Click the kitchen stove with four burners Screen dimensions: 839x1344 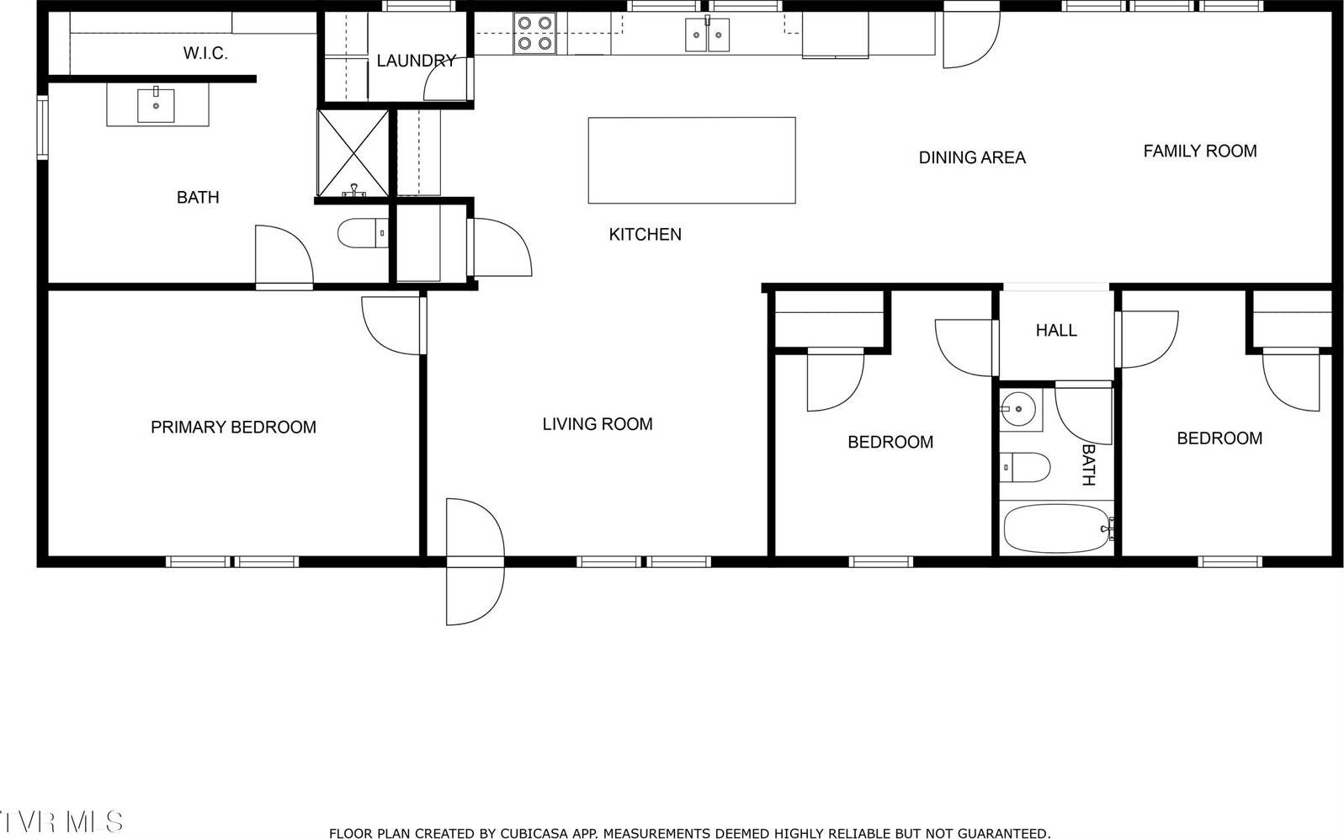[x=534, y=34]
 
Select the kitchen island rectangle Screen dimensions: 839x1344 [x=691, y=160]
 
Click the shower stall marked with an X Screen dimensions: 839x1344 [x=352, y=153]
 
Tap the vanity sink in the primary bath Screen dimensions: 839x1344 [x=157, y=105]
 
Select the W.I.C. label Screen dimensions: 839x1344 [x=205, y=54]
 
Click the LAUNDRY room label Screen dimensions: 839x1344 [x=416, y=61]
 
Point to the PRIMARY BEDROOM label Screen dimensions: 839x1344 [x=233, y=427]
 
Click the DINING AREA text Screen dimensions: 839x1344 [x=972, y=157]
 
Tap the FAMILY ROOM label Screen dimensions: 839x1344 [x=1199, y=151]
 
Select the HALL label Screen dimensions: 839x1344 [x=1056, y=331]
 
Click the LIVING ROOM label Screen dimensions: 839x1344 [x=598, y=424]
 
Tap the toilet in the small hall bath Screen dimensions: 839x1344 [x=1025, y=467]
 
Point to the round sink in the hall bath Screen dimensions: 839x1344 [x=1019, y=410]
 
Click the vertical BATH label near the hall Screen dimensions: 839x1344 [x=1087, y=465]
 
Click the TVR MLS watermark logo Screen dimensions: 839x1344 [x=61, y=820]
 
